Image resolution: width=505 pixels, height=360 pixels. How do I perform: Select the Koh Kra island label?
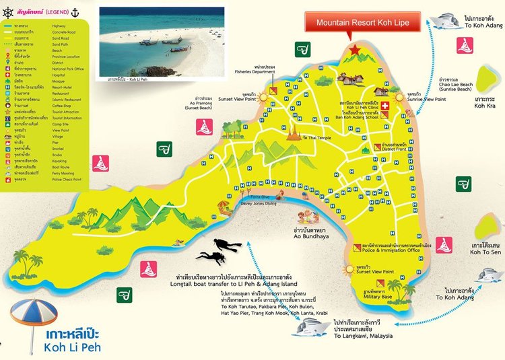click(x=484, y=100)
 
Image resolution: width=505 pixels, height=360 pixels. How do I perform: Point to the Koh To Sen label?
click(x=483, y=248)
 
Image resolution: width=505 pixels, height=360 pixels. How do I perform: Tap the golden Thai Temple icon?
click(x=294, y=134)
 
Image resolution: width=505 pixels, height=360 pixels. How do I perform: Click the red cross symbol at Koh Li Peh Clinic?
click(x=385, y=106)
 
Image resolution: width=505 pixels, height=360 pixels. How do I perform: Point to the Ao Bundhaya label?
click(x=311, y=235)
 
